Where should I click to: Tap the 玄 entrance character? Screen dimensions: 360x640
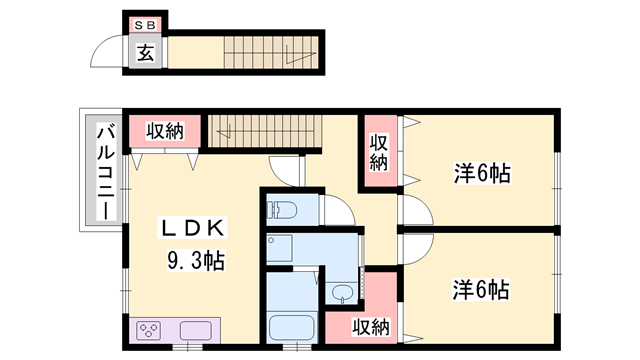click(x=146, y=53)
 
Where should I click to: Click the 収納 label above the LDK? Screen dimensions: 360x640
click(x=164, y=130)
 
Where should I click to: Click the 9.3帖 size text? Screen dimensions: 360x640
click(x=195, y=262)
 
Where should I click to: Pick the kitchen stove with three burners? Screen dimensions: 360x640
click(x=151, y=330)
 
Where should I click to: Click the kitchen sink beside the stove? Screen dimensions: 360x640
click(x=192, y=330)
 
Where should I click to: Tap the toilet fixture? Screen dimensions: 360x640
click(x=281, y=210)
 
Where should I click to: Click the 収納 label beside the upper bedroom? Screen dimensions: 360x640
click(x=379, y=151)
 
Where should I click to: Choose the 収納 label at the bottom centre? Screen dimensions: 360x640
click(x=373, y=325)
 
